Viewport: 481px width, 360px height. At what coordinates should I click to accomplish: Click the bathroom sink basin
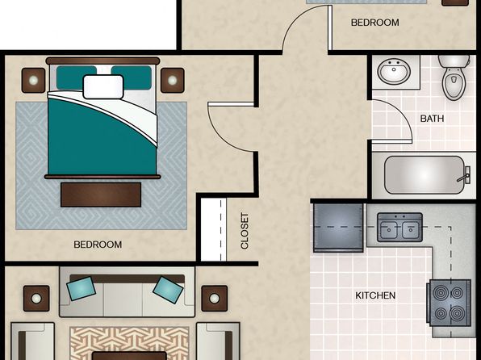(x=394, y=73)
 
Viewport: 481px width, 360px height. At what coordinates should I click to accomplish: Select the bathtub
(x=424, y=175)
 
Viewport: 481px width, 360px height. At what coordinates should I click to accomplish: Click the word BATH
(x=432, y=119)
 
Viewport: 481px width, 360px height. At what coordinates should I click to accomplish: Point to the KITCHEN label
(x=375, y=295)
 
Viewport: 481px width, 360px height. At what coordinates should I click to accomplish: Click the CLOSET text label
(x=245, y=231)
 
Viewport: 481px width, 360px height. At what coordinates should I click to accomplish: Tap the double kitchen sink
(x=399, y=228)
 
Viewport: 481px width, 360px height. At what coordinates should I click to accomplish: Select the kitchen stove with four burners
(x=449, y=303)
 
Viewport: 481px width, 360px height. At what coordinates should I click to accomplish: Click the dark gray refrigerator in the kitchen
(x=338, y=228)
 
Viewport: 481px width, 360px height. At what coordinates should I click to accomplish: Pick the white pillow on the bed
(x=103, y=87)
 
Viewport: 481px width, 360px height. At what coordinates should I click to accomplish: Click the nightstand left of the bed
(x=33, y=81)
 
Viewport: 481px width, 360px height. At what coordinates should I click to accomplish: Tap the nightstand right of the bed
(x=173, y=81)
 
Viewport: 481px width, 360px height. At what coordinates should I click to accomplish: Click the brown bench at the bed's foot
(x=101, y=195)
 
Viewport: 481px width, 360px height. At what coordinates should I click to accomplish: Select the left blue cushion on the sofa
(x=81, y=288)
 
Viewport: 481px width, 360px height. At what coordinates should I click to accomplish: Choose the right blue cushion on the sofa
(x=168, y=290)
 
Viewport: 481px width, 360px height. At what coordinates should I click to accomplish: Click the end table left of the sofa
(x=36, y=299)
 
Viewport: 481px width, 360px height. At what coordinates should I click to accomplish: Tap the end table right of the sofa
(x=215, y=299)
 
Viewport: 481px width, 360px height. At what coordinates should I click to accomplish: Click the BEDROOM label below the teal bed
(x=98, y=245)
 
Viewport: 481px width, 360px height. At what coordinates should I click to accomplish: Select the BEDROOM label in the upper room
(x=374, y=23)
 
